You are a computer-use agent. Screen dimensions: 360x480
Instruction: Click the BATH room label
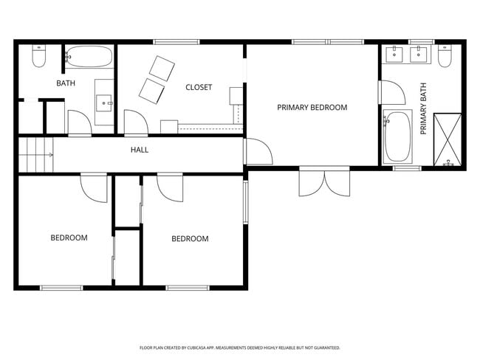(x=66, y=83)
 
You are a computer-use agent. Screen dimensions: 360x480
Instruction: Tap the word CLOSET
(x=199, y=87)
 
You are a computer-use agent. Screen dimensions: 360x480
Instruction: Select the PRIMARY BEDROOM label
(x=312, y=108)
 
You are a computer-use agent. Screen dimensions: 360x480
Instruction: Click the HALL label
(x=140, y=150)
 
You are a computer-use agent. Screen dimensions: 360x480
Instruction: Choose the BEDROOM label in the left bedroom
(x=69, y=238)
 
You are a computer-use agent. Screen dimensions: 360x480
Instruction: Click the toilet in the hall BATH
(x=39, y=56)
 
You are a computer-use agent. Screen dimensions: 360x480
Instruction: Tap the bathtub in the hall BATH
(x=89, y=56)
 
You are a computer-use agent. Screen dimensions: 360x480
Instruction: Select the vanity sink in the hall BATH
(x=105, y=102)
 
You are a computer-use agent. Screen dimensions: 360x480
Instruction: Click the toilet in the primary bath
(x=445, y=56)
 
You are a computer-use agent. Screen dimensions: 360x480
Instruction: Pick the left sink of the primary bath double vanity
(x=394, y=54)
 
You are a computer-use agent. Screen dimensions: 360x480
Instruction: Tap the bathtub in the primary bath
(x=398, y=136)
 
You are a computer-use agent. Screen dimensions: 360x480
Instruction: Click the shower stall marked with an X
(x=448, y=139)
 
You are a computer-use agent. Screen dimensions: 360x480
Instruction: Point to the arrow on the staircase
(x=49, y=155)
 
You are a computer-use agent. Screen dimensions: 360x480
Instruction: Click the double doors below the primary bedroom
(x=325, y=182)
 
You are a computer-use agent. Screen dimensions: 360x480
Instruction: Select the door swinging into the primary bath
(x=391, y=93)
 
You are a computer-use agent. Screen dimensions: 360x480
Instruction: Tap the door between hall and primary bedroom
(x=258, y=151)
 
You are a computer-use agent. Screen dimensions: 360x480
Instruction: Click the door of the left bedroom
(x=95, y=187)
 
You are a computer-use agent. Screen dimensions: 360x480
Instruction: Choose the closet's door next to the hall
(x=135, y=122)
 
